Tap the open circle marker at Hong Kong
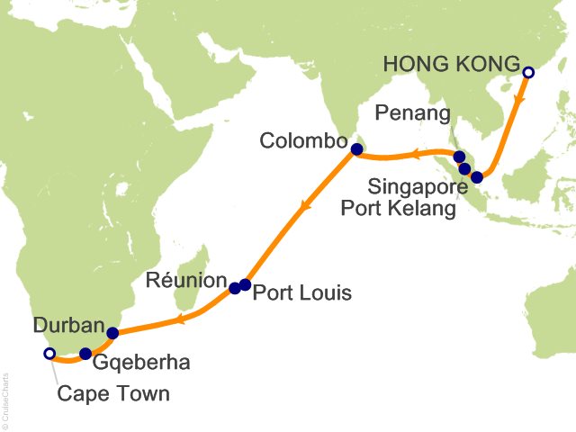[528, 72]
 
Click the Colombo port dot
[355, 149]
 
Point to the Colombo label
[303, 141]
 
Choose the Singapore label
[417, 188]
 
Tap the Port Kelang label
[399, 209]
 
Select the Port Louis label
[301, 292]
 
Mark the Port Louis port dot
[246, 285]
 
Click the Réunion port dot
[235, 288]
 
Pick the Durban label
[67, 324]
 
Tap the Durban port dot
[112, 333]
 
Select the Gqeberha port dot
[85, 354]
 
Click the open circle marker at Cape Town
[49, 354]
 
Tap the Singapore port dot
[477, 177]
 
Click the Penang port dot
[459, 157]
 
